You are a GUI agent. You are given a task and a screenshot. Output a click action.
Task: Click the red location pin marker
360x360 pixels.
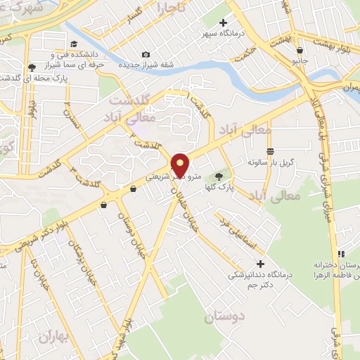[180, 165]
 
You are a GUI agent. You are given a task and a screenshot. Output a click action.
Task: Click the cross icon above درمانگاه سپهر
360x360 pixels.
[223, 23]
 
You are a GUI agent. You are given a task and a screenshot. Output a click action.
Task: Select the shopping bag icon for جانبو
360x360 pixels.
[300, 50]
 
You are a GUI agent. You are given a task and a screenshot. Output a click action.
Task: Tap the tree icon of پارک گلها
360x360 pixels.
[218, 176]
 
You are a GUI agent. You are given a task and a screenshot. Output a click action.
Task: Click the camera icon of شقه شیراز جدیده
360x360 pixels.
[146, 55]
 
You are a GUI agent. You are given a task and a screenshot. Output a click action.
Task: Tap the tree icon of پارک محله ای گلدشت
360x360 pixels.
[32, 67]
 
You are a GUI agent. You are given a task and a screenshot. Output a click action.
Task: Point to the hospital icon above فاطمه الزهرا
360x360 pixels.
[340, 254]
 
